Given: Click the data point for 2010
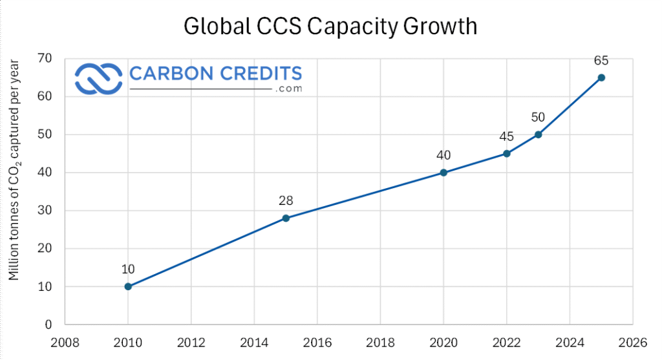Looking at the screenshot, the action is click(129, 286).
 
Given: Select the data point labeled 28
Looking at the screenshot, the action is click(286, 218).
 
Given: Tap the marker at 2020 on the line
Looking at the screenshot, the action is click(443, 173).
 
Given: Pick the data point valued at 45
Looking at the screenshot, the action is click(507, 154).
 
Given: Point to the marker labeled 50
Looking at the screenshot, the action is click(539, 134).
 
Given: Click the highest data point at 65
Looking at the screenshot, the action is click(601, 78).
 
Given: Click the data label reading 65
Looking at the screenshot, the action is click(601, 61).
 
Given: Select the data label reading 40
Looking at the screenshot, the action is click(443, 155).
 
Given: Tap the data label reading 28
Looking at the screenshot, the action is click(286, 200).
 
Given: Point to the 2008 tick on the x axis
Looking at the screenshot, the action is click(65, 343).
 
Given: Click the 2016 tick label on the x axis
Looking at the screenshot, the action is click(317, 343).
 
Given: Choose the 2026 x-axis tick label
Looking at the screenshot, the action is click(633, 343).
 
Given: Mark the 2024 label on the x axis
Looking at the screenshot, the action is click(570, 343).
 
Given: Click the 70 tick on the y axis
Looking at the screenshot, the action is click(45, 58).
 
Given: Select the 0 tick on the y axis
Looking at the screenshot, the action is click(48, 324).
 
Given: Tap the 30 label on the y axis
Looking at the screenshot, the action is click(45, 210).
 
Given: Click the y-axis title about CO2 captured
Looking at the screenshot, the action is click(14, 170).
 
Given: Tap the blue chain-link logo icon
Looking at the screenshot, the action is click(98, 79).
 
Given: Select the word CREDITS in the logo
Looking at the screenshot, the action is click(261, 74).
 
